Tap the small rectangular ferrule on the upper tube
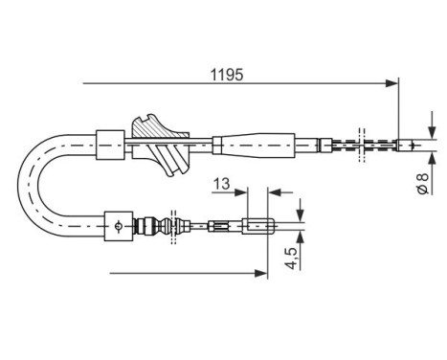point(110,144)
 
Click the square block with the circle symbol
point(117,227)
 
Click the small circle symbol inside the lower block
point(117,227)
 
